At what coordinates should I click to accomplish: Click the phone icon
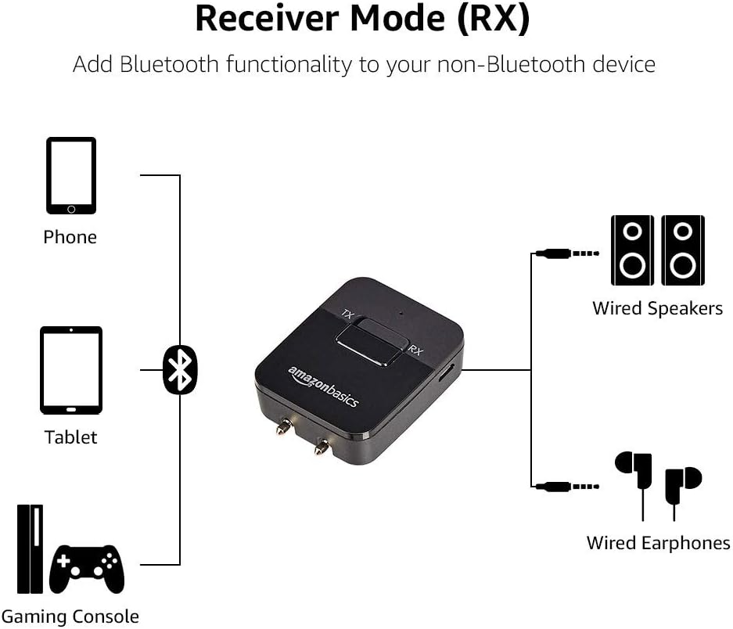point(71,176)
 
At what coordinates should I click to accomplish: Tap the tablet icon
point(71,370)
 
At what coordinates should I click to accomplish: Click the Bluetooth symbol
point(181,370)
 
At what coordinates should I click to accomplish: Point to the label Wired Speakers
point(657,308)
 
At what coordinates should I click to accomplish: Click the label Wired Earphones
point(658,543)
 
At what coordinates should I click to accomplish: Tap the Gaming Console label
point(70,616)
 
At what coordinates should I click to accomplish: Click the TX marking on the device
point(348,316)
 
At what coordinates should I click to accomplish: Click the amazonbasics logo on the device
point(323,386)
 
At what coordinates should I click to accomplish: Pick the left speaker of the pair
point(632,250)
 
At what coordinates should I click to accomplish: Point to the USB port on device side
point(447,374)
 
